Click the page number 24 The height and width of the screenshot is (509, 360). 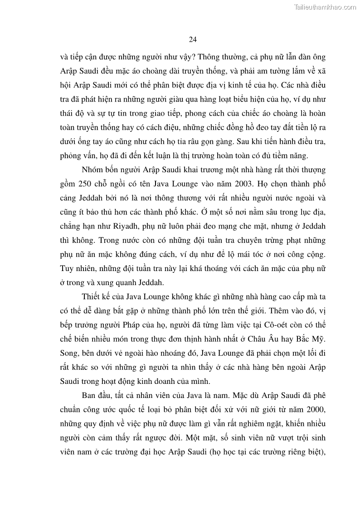(192, 40)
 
